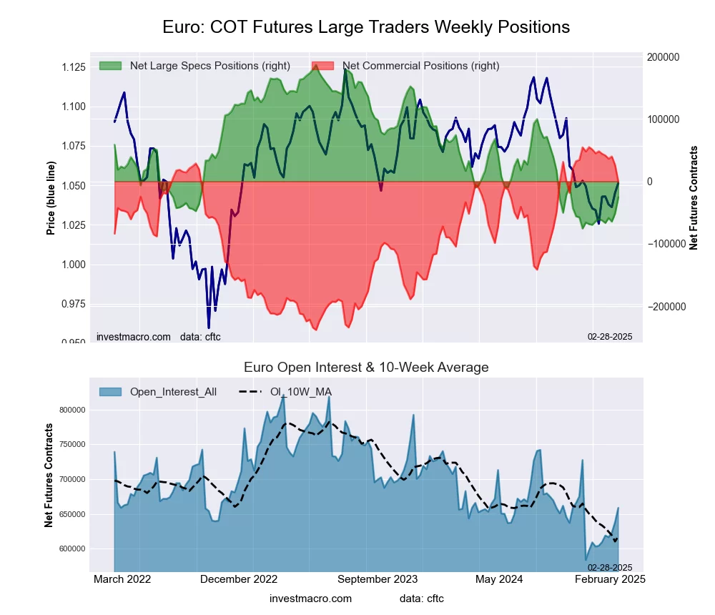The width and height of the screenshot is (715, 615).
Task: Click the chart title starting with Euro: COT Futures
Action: click(x=365, y=27)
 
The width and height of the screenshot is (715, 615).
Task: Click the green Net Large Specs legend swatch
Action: click(x=111, y=66)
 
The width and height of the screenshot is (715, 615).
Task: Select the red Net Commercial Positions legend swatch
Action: click(x=323, y=66)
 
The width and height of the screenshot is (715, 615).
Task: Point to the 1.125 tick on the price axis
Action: click(x=74, y=67)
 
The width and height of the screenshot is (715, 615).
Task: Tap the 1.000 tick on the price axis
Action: click(x=74, y=265)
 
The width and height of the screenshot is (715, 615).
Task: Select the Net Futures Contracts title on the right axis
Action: click(x=693, y=197)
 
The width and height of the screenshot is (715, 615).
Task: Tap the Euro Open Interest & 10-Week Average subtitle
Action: click(x=365, y=368)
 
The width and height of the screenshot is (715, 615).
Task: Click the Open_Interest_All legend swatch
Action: click(x=111, y=391)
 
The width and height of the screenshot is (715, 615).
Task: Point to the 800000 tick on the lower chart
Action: click(x=71, y=410)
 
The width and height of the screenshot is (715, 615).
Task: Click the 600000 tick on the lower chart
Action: click(x=71, y=548)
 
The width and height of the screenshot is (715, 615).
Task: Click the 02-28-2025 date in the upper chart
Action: click(x=610, y=336)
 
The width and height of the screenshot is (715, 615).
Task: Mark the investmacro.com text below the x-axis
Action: click(x=310, y=598)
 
